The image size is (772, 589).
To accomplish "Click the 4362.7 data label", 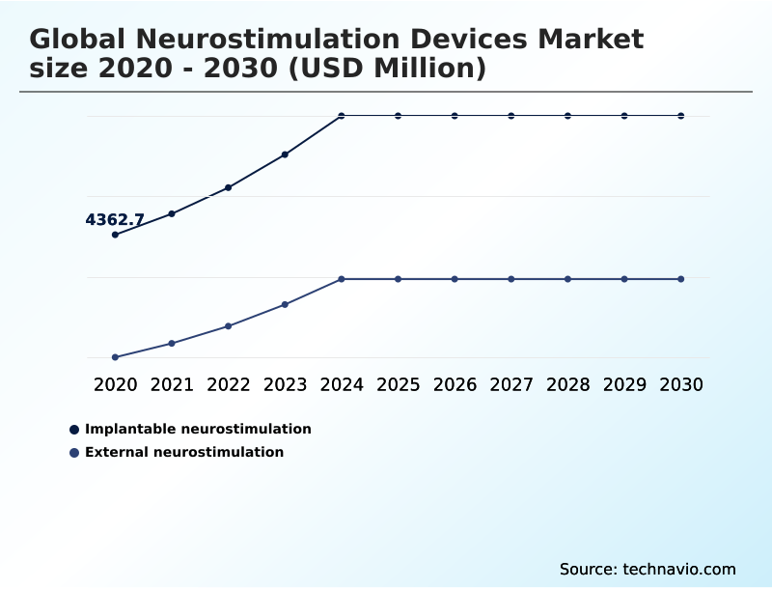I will pyautogui.click(x=115, y=220).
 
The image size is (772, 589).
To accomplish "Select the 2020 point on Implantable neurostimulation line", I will pyautogui.click(x=116, y=235).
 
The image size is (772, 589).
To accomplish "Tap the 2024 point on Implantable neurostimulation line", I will pyautogui.click(x=342, y=116).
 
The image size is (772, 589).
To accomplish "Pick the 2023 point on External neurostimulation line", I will pyautogui.click(x=285, y=304).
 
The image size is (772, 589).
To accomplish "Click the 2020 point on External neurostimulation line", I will pyautogui.click(x=116, y=357).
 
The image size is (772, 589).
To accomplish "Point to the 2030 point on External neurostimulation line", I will pyautogui.click(x=680, y=279).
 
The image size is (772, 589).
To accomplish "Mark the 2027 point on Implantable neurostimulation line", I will pyautogui.click(x=511, y=116).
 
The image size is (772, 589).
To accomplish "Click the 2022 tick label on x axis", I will pyautogui.click(x=229, y=384).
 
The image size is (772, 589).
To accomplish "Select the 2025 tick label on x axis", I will pyautogui.click(x=398, y=384).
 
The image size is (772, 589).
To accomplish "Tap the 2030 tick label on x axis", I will pyautogui.click(x=680, y=384).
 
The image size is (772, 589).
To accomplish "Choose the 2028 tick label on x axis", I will pyautogui.click(x=567, y=384).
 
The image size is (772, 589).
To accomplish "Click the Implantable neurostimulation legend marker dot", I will pyautogui.click(x=74, y=430).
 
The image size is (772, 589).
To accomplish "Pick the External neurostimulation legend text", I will pyautogui.click(x=184, y=452).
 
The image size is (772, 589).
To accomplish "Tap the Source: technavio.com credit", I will pyautogui.click(x=648, y=569).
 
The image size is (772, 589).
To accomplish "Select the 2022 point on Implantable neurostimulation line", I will pyautogui.click(x=229, y=187).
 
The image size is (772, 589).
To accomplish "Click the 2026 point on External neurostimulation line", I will pyautogui.click(x=455, y=279).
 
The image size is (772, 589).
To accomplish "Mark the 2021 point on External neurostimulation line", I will pyautogui.click(x=172, y=343).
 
